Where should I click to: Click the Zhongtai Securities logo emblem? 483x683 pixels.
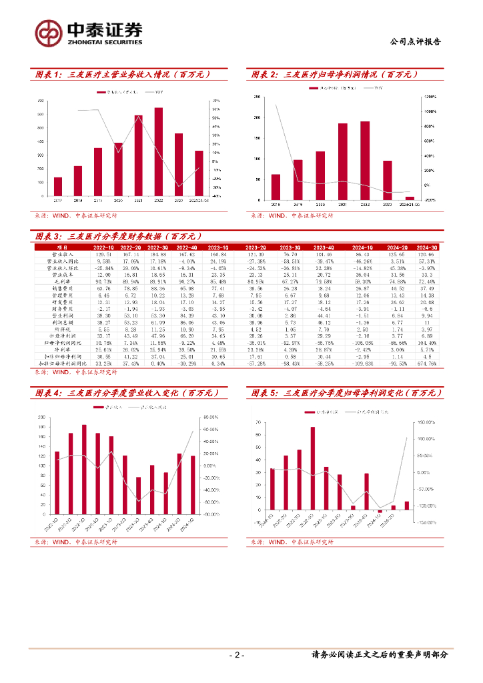pyautogui.click(x=49, y=31)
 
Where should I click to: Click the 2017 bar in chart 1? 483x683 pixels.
pyautogui.click(x=58, y=187)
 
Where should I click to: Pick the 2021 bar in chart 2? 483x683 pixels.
pyautogui.click(x=342, y=161)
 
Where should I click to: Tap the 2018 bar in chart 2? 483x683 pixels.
pyautogui.click(x=276, y=187)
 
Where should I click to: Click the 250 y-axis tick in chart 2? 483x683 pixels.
pyautogui.click(x=258, y=97)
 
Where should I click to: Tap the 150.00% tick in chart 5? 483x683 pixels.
pyautogui.click(x=426, y=422)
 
